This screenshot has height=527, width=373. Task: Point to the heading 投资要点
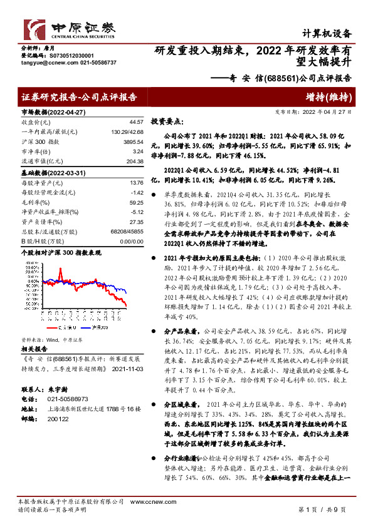pos(167,123)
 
